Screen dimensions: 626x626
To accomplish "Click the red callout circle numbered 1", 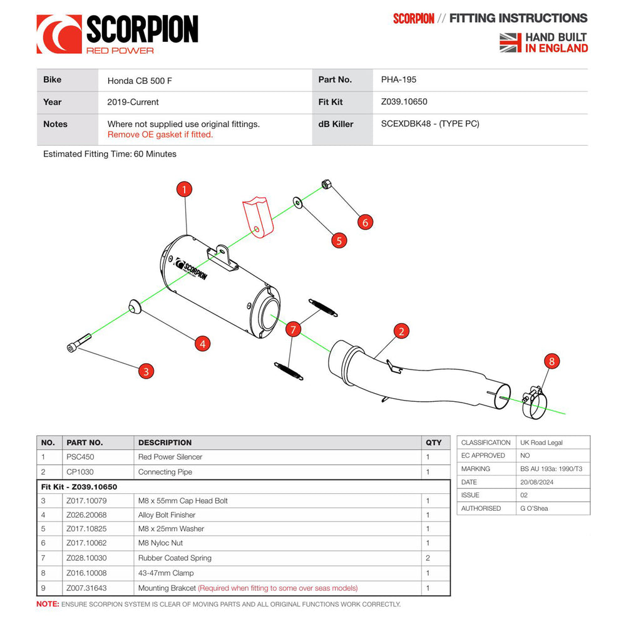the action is (184, 189).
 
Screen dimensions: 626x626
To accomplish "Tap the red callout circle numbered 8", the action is (552, 361).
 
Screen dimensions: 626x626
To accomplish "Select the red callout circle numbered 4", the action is (202, 344).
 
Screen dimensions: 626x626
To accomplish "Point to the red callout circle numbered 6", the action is (365, 222).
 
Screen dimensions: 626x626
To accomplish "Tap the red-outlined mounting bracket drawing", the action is (258, 217).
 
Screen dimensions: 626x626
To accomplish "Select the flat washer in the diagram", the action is (298, 202).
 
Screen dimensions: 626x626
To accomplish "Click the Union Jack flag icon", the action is (510, 43).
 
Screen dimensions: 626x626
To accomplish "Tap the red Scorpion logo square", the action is (59, 34).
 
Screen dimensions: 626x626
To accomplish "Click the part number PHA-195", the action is (398, 80).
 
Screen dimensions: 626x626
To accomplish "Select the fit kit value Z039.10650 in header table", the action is (404, 102).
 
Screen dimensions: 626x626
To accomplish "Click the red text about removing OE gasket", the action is (160, 135).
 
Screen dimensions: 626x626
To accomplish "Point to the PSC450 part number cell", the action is (80, 457).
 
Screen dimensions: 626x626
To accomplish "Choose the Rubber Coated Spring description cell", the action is (175, 558).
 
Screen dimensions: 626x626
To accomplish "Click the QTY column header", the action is (434, 443).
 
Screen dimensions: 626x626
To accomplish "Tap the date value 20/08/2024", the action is (536, 482).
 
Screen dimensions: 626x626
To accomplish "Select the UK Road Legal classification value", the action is (541, 443).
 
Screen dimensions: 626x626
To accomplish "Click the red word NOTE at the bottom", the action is (48, 604).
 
